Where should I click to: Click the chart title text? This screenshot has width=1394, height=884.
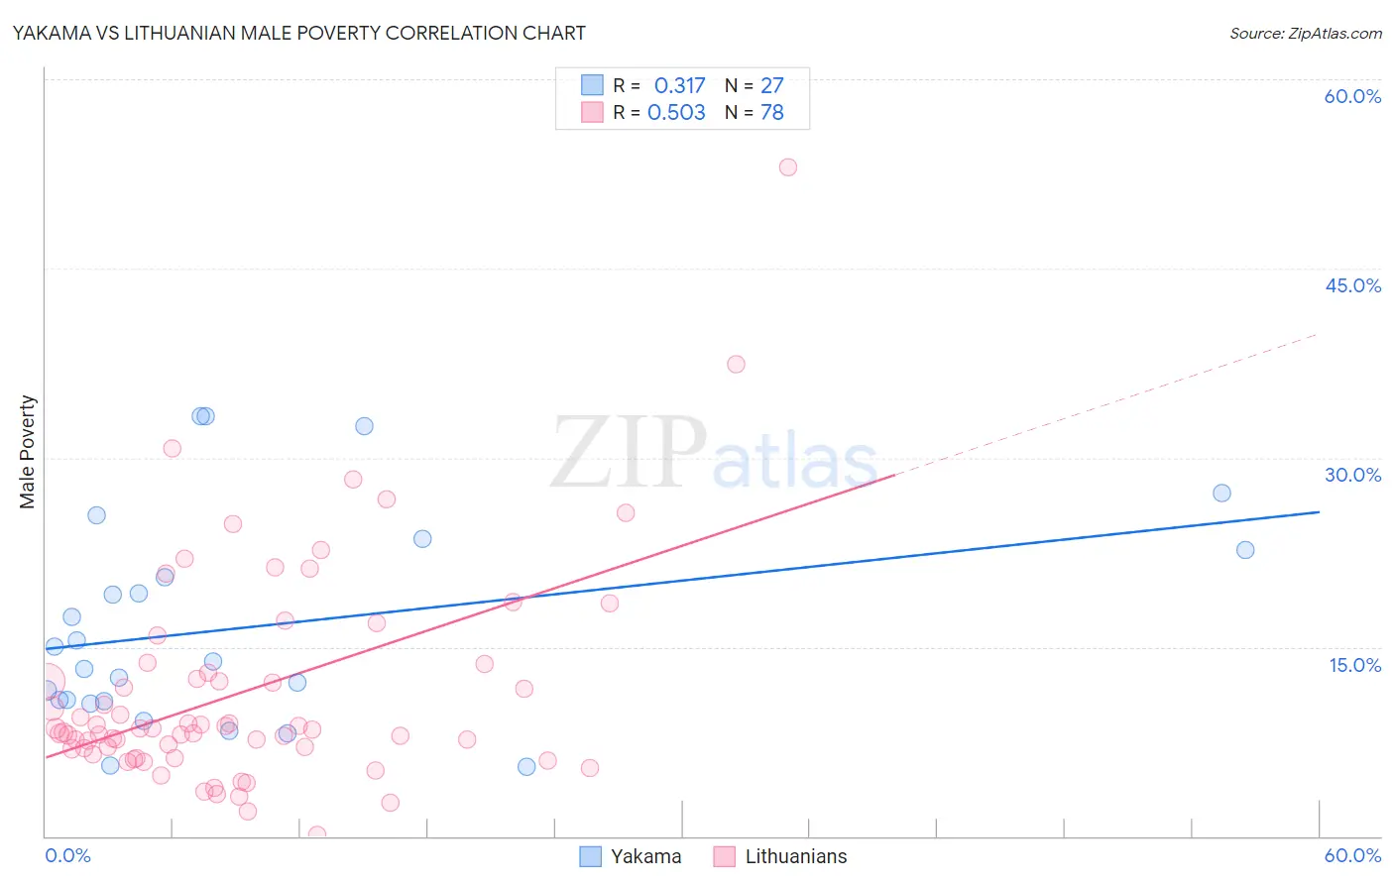tap(298, 33)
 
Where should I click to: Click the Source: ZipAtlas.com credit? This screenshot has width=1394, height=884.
tap(1305, 33)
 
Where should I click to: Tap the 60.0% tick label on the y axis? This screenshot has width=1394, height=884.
tap(1352, 96)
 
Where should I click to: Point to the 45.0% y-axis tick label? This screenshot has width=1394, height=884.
tap(1352, 285)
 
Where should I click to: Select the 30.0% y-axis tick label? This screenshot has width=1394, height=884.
tap(1352, 475)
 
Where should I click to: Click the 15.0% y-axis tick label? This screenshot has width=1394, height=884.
tap(1354, 665)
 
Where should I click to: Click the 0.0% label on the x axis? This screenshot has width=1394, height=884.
tap(67, 855)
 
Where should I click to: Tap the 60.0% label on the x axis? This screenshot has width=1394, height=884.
tap(1352, 855)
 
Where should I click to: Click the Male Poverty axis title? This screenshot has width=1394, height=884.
tap(28, 452)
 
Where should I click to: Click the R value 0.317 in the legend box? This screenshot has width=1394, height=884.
tap(679, 86)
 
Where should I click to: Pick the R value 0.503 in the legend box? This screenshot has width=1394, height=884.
tap(676, 113)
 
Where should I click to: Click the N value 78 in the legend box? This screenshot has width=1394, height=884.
tap(771, 113)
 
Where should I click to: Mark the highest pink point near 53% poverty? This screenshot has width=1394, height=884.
tap(787, 167)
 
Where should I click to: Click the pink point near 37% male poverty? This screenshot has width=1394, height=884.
tap(736, 364)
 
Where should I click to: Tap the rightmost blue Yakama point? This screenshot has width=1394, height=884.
tap(1245, 550)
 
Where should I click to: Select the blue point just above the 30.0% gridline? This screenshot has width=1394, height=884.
tap(364, 426)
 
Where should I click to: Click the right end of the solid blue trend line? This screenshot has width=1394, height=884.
tap(1318, 512)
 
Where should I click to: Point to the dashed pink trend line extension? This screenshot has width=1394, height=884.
tap(1110, 402)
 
